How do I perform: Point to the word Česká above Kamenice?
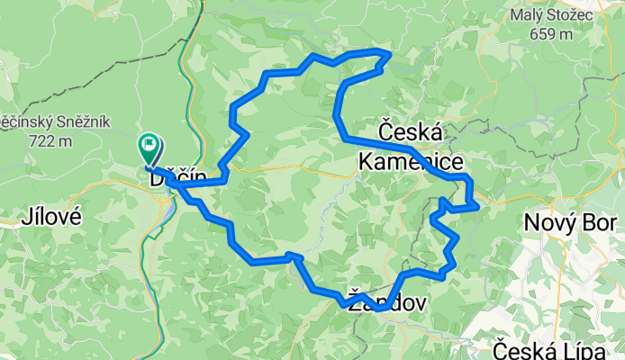coord(411,132)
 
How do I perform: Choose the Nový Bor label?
coord(574,222)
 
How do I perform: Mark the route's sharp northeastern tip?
coord(389,54)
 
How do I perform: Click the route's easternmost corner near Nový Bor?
coord(476,206)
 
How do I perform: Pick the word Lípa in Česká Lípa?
coord(593,346)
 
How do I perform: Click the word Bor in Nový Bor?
coord(600,222)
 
